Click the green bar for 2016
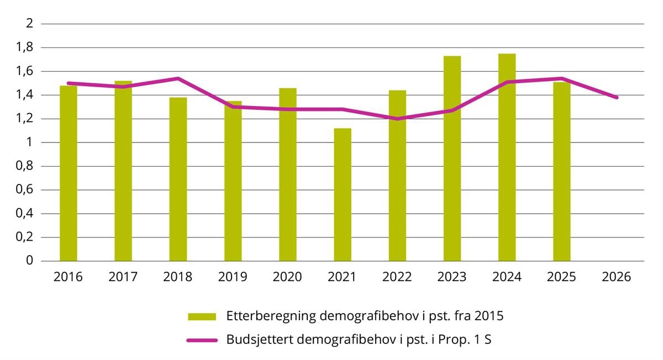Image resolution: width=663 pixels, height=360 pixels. click(x=69, y=174)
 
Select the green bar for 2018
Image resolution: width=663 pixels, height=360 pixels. click(x=178, y=179)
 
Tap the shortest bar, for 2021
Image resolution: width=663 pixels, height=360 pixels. click(x=343, y=195)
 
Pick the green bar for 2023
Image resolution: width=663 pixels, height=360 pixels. click(x=452, y=158)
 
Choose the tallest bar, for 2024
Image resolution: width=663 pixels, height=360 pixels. click(x=507, y=157)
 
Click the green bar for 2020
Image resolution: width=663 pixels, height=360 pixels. click(x=288, y=174)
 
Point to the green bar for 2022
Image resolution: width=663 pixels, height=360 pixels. click(x=397, y=176)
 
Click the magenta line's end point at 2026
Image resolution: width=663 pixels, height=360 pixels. click(x=617, y=98)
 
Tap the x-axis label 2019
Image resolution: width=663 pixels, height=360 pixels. click(x=233, y=277)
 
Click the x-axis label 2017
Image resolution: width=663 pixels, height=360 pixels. click(x=123, y=277)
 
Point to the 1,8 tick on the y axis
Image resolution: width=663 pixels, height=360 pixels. click(x=27, y=47)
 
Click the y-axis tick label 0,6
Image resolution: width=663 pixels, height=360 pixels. click(x=27, y=190)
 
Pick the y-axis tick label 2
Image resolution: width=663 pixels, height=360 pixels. click(x=30, y=24)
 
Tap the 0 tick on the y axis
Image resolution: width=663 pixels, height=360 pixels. click(x=30, y=261)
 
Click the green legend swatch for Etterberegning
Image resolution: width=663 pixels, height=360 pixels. click(x=202, y=317)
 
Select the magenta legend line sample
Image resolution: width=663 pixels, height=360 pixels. click(x=202, y=340)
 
